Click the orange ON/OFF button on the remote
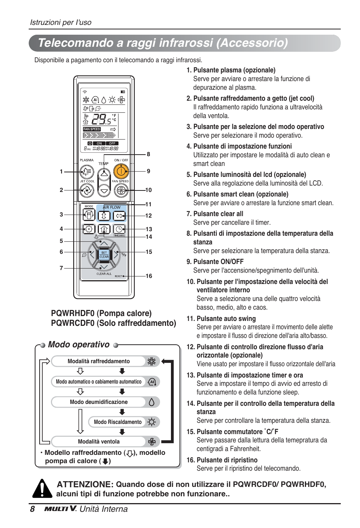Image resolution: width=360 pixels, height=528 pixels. [x=121, y=172]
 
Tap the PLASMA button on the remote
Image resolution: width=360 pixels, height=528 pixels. [x=86, y=172]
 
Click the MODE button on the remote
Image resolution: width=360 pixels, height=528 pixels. [x=89, y=215]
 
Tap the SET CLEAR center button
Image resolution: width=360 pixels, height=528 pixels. [x=104, y=255]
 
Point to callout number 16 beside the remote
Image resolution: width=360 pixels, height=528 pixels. [x=149, y=276]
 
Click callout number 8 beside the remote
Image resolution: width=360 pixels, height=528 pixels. [x=148, y=154]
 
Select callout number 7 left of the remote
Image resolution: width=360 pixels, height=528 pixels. [x=61, y=268]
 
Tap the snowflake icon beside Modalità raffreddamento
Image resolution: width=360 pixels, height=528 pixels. [x=151, y=361]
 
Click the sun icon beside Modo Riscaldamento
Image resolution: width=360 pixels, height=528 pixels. [x=151, y=422]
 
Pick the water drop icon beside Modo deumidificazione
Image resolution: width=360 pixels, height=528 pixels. [x=151, y=402]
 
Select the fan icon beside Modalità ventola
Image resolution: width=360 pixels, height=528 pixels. [x=152, y=442]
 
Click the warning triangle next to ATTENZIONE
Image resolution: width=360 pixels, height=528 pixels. [x=42, y=489]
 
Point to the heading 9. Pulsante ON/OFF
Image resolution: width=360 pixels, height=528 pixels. [x=215, y=262]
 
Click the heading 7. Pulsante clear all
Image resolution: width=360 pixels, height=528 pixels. [x=215, y=214]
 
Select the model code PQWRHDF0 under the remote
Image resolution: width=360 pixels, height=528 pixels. [x=73, y=313]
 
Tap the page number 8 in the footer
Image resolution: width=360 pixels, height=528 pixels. [x=32, y=509]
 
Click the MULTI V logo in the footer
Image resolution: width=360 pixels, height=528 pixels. [x=60, y=509]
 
